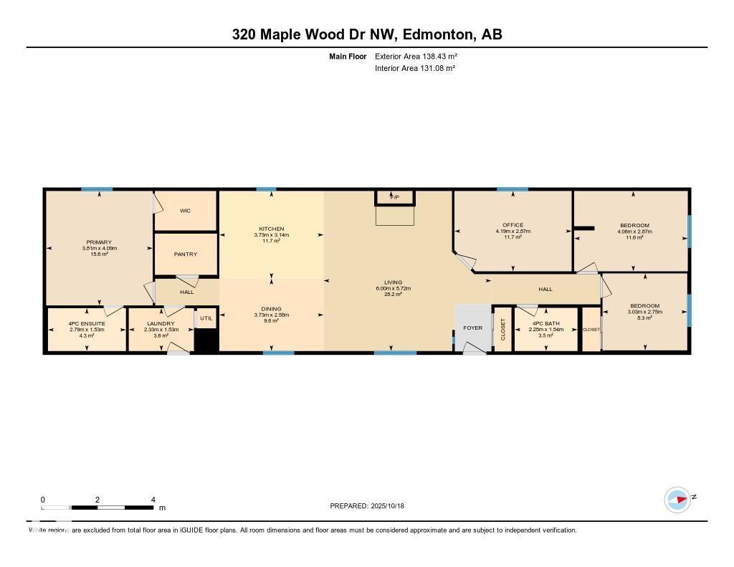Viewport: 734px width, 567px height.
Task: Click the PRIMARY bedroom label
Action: point(99,242)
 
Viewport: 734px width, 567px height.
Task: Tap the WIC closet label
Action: point(185,211)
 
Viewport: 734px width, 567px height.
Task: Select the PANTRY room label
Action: point(185,254)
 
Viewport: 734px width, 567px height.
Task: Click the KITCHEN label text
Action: point(271,229)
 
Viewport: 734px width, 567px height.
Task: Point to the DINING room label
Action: point(271,308)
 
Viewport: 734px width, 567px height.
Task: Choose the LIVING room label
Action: point(393,282)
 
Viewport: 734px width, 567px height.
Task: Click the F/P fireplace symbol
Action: point(394,196)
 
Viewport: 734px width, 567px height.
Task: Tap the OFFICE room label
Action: point(513,225)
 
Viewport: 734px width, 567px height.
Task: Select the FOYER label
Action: point(473,328)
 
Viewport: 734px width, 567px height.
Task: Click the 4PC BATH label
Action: point(545,323)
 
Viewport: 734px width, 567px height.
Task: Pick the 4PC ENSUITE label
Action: point(87,323)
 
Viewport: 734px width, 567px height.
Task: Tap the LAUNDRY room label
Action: point(161,323)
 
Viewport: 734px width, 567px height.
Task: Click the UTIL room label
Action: point(206,318)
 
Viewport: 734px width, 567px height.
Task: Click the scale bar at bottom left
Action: point(97,507)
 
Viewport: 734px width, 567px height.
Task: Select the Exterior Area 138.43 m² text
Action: point(416,56)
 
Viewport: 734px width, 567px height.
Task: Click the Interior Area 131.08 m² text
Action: point(415,68)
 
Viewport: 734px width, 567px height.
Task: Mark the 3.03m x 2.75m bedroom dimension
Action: point(644,312)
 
